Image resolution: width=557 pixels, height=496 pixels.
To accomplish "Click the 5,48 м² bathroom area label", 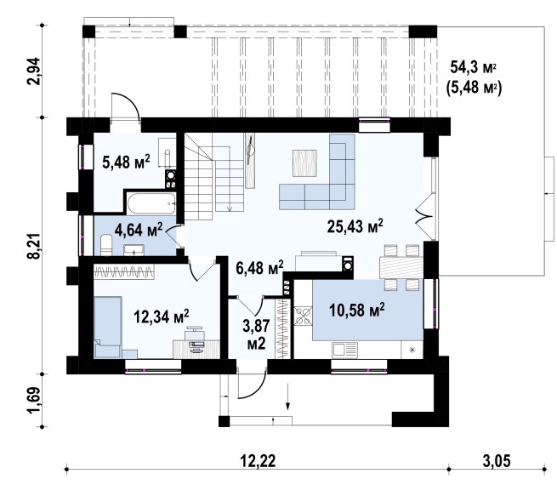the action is [126, 162].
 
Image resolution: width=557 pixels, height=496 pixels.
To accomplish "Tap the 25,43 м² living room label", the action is [355, 226].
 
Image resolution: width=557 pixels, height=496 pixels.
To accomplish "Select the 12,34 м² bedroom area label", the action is [162, 316].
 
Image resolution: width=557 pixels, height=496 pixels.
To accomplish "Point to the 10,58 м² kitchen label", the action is [356, 310].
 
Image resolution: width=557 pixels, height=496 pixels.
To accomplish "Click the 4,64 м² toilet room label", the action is [139, 230].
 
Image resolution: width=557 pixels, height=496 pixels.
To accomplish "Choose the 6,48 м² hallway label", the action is [259, 267].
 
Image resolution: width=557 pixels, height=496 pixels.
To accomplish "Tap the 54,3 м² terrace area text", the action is [473, 67].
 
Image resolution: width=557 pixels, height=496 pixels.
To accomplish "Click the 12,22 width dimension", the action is [258, 461].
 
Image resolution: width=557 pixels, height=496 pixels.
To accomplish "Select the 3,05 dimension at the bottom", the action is [497, 461].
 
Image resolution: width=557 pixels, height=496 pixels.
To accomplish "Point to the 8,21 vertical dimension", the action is [36, 245].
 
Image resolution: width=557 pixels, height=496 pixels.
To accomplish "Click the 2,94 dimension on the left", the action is [35, 71].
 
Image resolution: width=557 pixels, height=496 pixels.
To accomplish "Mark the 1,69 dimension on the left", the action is [35, 400].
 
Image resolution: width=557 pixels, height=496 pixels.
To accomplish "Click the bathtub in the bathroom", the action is [151, 203].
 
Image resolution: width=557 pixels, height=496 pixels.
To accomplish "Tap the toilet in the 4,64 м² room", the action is [106, 244].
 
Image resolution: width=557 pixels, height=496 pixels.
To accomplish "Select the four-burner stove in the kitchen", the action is [303, 316].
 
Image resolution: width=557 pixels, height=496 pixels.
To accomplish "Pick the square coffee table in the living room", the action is [304, 162].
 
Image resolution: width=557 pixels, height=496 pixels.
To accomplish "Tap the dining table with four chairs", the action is [401, 267].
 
